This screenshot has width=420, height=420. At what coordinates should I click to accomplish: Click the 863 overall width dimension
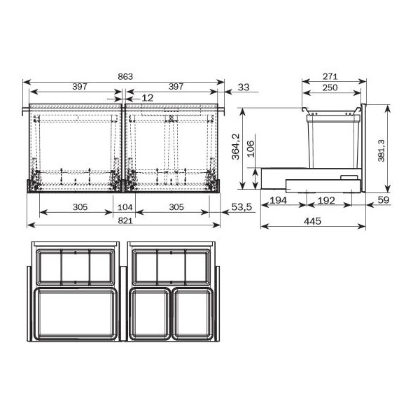125,77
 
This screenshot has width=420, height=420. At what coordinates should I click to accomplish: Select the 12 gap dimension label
147,98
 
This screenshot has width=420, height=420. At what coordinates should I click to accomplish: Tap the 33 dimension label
244,87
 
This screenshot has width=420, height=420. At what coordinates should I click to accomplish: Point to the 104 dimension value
125,207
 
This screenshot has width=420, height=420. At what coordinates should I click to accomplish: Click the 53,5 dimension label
241,207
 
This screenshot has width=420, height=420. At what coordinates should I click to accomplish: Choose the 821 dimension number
125,220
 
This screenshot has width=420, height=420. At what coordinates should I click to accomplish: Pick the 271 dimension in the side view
330,76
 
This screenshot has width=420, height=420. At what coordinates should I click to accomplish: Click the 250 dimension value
330,87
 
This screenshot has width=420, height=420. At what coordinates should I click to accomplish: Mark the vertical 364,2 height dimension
236,147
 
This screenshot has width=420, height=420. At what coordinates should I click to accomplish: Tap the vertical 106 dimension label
250,149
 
